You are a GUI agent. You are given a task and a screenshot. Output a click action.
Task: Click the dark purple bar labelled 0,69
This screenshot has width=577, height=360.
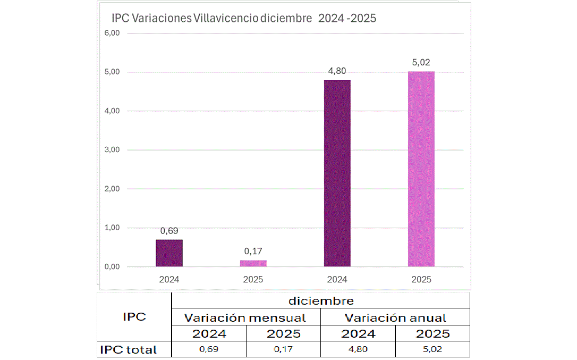[x=169, y=253]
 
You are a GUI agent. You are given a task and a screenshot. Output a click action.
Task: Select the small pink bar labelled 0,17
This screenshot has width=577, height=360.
[x=253, y=263]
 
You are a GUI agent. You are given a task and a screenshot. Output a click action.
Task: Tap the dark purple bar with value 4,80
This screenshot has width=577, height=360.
[x=337, y=173]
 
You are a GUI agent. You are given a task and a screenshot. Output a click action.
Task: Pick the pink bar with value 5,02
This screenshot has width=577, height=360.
[x=421, y=169]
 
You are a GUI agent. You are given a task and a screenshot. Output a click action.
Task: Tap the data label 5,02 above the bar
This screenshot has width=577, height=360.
[x=421, y=62]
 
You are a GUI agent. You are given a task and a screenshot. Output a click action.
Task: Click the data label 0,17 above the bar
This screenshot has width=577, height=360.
[x=253, y=251]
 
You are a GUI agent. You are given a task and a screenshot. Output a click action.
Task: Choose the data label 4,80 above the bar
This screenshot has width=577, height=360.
[x=337, y=71]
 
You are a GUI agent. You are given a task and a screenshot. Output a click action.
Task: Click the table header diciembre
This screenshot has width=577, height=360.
[x=321, y=301]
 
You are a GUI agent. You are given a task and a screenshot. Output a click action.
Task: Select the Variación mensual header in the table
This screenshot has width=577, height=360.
[x=245, y=318]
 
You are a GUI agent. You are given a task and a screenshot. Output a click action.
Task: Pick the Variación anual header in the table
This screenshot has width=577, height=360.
[x=395, y=318]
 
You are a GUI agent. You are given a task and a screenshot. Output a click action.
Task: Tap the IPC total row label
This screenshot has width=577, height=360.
[x=128, y=349]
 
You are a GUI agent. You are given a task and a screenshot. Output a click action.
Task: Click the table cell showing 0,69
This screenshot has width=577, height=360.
[x=209, y=349]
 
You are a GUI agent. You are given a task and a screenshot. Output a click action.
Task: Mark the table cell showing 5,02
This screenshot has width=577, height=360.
[x=432, y=349]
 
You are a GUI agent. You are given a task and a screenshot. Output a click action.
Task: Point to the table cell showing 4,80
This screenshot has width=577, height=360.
[x=358, y=349]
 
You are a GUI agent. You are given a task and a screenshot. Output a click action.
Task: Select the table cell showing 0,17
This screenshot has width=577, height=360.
[x=283, y=349]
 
